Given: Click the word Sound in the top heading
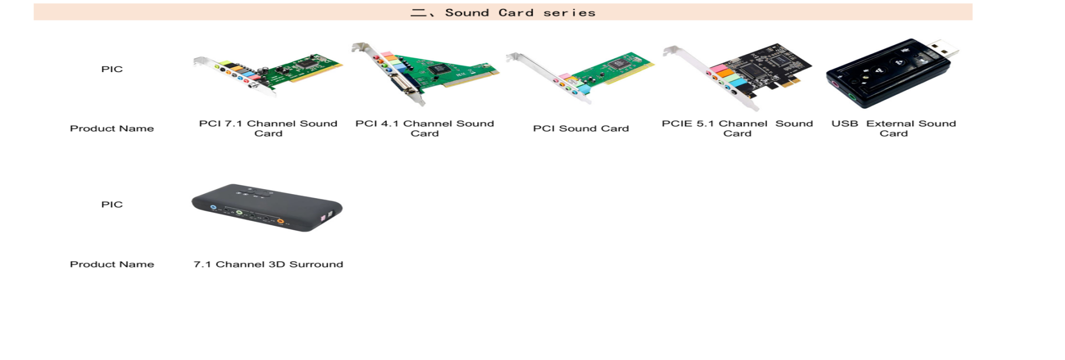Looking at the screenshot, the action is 467,13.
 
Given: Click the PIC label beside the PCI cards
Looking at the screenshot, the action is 111,69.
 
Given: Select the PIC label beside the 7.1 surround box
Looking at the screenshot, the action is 111,205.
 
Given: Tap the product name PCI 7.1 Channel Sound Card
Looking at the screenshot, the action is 268,128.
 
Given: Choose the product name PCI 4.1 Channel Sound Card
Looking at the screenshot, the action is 425,128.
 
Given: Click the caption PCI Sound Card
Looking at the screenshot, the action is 581,129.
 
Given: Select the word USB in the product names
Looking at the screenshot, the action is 845,124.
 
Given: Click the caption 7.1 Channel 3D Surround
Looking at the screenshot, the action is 268,265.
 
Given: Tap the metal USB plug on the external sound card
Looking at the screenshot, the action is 945,49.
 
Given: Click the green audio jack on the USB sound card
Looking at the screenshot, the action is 852,98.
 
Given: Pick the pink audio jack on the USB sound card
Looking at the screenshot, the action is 833,85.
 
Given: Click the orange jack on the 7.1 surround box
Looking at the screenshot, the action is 281,221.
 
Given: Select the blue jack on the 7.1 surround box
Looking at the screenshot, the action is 214,207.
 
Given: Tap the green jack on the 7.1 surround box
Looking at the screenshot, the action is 239,212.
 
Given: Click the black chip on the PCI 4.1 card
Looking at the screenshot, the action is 439,69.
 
